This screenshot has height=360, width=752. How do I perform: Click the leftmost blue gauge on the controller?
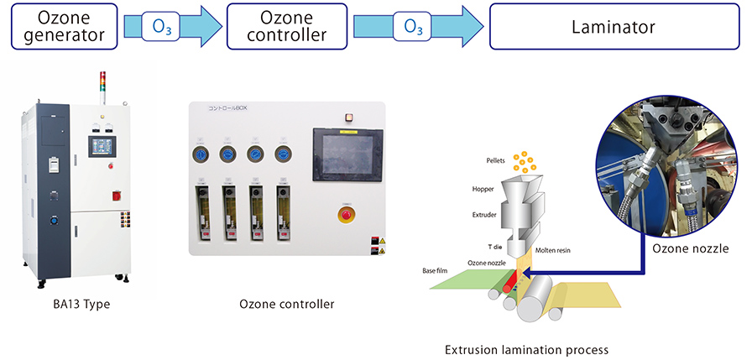pyautogui.click(x=201, y=154)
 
